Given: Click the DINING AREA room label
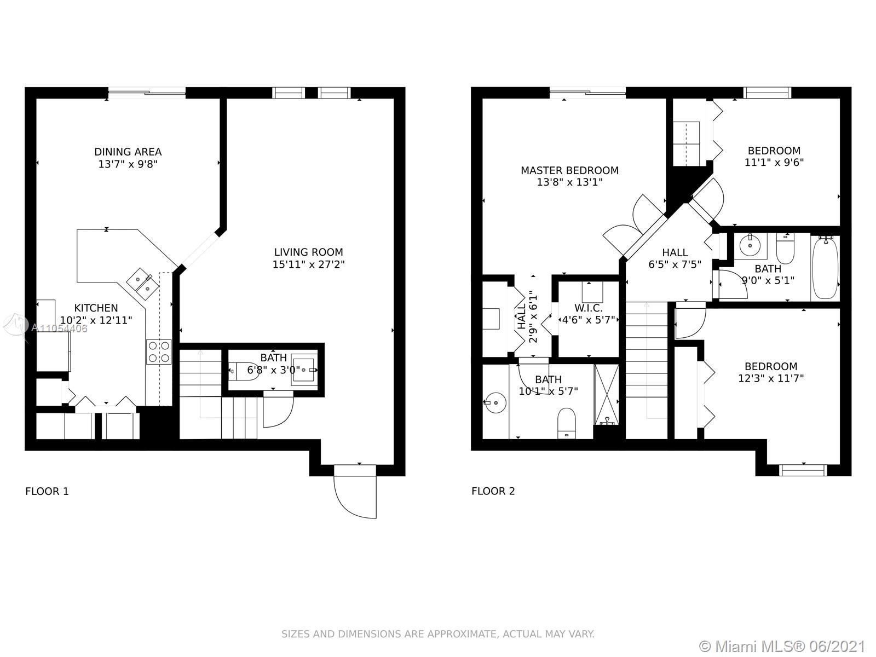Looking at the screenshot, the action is [128, 152].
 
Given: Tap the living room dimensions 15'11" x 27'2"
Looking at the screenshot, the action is [308, 264].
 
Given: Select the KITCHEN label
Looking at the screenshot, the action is [96, 308].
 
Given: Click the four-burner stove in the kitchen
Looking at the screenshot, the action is [159, 351].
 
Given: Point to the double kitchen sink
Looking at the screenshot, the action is [142, 283].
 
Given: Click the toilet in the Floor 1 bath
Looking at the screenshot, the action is [244, 371].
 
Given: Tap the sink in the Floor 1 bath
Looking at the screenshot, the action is [304, 370].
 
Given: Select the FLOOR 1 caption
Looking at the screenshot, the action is [47, 491].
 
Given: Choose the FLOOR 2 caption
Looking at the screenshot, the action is [493, 491].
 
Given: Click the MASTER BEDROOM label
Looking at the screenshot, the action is [569, 170].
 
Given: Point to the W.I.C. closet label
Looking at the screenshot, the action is [588, 308].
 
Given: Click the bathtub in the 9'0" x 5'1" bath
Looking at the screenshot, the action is [825, 267].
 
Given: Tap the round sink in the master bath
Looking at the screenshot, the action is [495, 402].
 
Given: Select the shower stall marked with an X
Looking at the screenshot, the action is [607, 394].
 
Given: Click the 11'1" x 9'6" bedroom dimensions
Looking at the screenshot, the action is [774, 163].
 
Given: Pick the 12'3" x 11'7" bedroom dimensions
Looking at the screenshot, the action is [771, 378].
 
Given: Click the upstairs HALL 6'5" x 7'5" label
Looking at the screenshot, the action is [675, 258].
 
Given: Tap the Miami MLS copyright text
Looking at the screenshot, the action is [782, 646].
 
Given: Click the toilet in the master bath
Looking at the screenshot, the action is [567, 423].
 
